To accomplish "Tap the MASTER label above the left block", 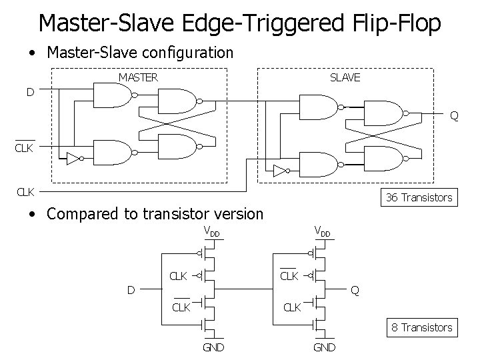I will pyautogui.click(x=138, y=77).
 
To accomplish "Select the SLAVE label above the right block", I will pyautogui.click(x=345, y=77).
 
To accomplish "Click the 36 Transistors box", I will pyautogui.click(x=419, y=197).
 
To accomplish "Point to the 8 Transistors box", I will pyautogui.click(x=421, y=327).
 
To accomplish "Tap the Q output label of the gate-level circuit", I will pyautogui.click(x=453, y=116).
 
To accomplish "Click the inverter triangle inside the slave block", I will pyautogui.click(x=279, y=169).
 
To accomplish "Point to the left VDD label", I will pyautogui.click(x=211, y=233).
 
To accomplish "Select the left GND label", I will pyautogui.click(x=213, y=347).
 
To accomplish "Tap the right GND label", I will pyautogui.click(x=325, y=347).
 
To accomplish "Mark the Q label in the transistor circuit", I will pyautogui.click(x=355, y=291).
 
